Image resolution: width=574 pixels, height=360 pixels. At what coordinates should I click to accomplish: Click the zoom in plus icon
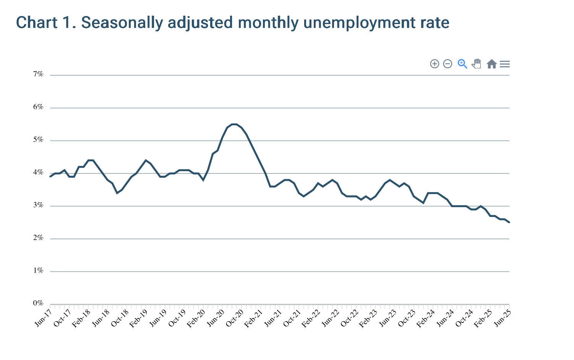[435, 64]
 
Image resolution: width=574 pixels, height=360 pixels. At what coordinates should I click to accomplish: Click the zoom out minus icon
[448, 64]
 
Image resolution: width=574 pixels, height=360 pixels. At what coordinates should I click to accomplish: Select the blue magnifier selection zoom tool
[462, 64]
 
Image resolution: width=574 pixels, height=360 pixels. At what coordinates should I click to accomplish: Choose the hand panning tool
[477, 64]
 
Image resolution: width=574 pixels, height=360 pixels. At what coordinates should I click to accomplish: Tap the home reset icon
[492, 64]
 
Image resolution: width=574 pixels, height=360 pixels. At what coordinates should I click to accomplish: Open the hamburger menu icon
[505, 64]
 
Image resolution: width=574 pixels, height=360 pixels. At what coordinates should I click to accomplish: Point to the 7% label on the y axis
[38, 74]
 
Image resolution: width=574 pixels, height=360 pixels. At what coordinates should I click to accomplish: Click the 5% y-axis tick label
[38, 139]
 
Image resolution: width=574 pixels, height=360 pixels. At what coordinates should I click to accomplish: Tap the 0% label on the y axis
[38, 303]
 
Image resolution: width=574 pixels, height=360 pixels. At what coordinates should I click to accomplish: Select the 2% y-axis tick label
[38, 238]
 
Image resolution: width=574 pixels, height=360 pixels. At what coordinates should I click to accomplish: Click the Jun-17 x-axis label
[43, 318]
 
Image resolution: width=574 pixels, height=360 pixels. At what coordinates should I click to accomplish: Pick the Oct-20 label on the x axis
[235, 318]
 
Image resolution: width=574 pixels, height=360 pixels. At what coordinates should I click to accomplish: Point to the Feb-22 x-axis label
[311, 318]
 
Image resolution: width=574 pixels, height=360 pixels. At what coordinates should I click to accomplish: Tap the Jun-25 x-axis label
[503, 318]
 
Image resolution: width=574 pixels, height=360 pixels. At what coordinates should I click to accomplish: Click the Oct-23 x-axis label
[407, 318]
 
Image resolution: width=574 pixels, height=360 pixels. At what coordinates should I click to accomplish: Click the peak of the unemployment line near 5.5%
[234, 124]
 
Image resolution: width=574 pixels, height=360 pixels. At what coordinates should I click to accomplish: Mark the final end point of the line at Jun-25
[509, 222]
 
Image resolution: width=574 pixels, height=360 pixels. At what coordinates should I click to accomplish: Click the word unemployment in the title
[359, 23]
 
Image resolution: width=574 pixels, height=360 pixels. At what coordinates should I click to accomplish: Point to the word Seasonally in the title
[122, 23]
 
